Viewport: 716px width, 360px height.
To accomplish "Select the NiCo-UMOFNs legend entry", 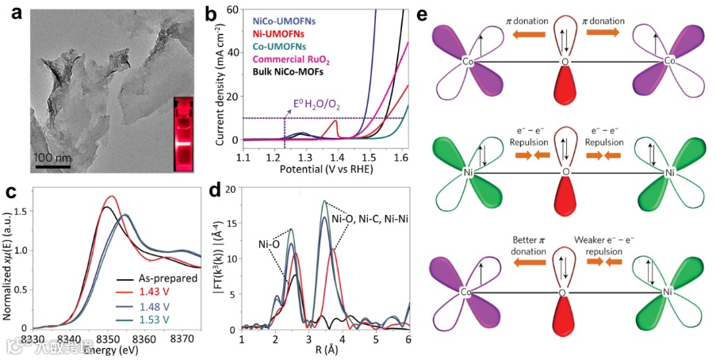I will click(x=291, y=21).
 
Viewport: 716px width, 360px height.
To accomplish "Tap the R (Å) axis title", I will click(x=326, y=350).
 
